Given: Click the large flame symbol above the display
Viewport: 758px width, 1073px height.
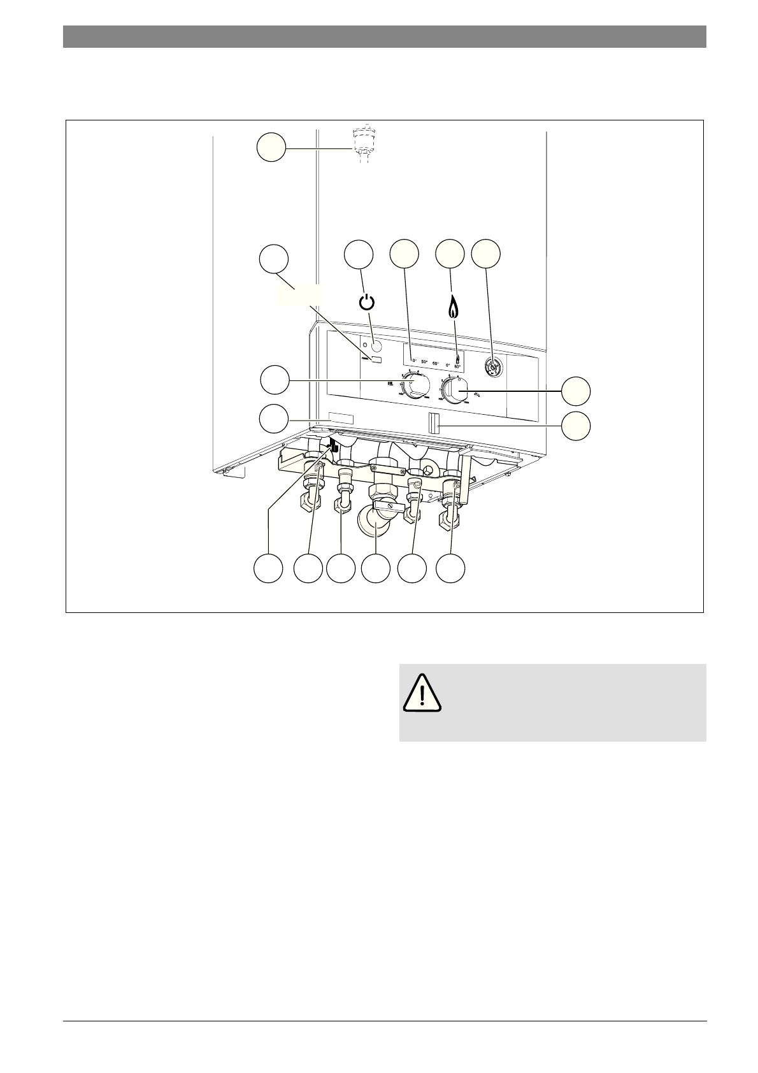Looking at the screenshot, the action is [x=452, y=307].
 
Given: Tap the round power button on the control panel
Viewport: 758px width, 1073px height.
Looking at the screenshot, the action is [x=376, y=347].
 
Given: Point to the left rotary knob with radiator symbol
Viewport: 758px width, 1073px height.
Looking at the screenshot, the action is [x=416, y=386].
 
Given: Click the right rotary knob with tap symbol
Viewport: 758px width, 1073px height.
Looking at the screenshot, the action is [x=457, y=389].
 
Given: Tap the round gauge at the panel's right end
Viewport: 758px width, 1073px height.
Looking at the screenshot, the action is [x=492, y=366].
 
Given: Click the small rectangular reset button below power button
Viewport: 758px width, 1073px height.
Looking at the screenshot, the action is [x=376, y=361].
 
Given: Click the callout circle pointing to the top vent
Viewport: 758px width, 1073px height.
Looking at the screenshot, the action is [x=271, y=147].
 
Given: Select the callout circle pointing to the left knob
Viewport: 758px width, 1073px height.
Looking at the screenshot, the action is [x=275, y=380].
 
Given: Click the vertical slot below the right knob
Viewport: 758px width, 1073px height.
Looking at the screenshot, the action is [x=433, y=422].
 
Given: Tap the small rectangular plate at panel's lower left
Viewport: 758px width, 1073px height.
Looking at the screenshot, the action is [x=341, y=419].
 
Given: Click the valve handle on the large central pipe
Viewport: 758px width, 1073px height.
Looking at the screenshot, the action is [x=385, y=505].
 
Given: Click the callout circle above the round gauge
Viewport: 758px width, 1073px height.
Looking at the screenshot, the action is [x=486, y=254].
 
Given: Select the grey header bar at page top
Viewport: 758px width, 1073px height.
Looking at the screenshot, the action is [x=384, y=36].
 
